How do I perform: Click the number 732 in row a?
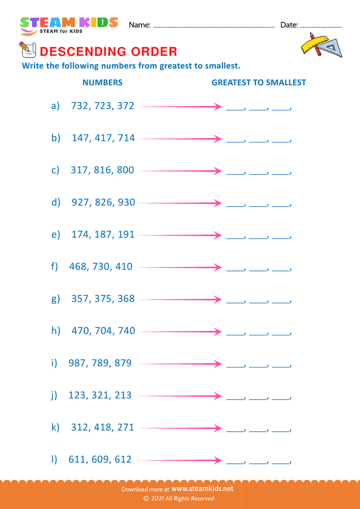pyautogui.click(x=80, y=106)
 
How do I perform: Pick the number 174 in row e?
pyautogui.click(x=80, y=234)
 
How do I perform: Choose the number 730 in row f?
pyautogui.click(x=101, y=266)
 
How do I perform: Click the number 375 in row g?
pyautogui.click(x=103, y=298)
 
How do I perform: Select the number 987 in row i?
pyautogui.click(x=77, y=363)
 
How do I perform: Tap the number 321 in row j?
pyautogui.click(x=100, y=395)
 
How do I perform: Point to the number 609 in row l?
pyautogui.click(x=100, y=459)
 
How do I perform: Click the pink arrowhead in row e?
pyautogui.click(x=218, y=235)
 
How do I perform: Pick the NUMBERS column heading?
pyautogui.click(x=102, y=82)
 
